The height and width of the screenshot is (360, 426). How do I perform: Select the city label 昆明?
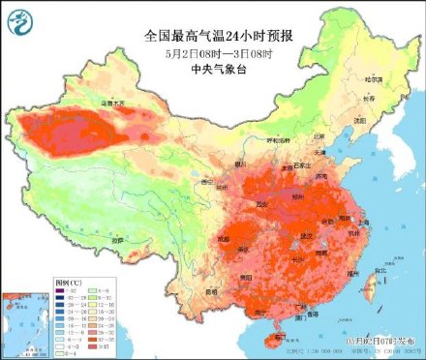[x=215, y=290]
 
